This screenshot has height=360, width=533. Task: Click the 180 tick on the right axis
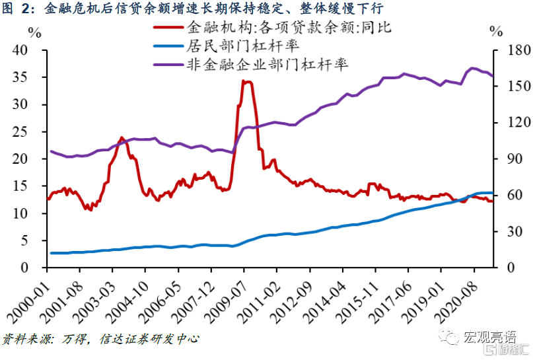tap(504, 51)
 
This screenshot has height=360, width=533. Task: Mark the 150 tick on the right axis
tap(504, 87)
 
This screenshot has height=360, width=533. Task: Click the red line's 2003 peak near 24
tap(122, 138)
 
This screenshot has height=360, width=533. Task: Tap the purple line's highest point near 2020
tap(473, 68)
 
